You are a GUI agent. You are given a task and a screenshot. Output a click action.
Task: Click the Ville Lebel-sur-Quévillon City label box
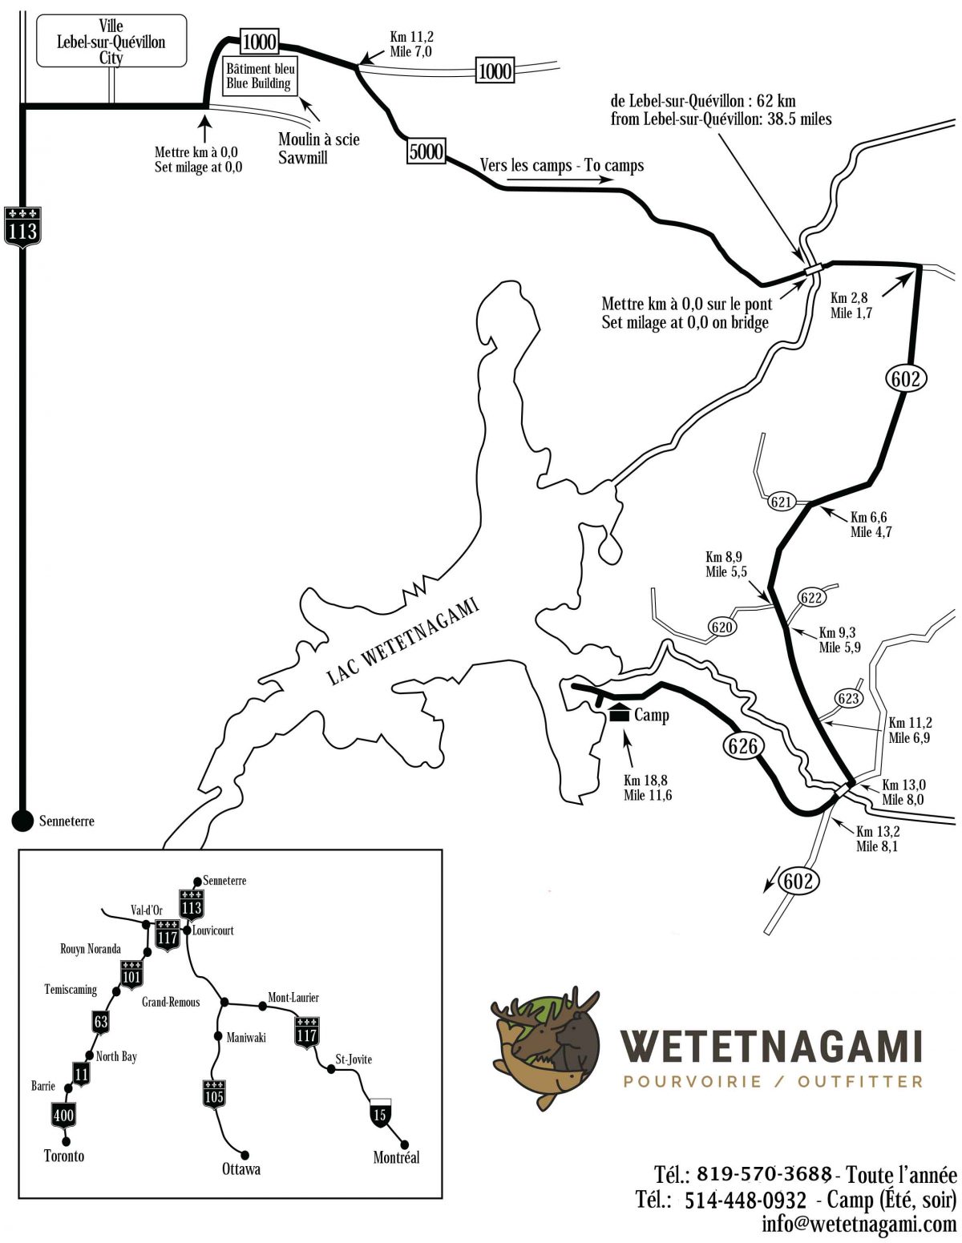[111, 41]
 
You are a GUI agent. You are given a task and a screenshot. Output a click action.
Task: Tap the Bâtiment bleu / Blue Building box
[258, 76]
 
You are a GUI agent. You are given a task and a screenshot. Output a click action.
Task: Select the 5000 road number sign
[426, 151]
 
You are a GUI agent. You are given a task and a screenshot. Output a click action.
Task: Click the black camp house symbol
[619, 712]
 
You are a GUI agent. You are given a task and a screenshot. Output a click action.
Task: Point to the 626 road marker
[742, 746]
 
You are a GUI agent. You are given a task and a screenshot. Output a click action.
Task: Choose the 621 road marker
[781, 502]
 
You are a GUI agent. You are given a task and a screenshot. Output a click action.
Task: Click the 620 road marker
[721, 627]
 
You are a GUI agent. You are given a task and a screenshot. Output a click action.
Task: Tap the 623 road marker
[848, 698]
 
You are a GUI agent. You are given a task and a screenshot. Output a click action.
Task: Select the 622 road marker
[811, 598]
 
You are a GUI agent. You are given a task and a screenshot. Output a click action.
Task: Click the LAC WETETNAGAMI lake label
[402, 641]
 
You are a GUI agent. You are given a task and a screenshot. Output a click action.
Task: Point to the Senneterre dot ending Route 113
[22, 820]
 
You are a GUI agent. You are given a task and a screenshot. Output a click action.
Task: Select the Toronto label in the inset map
[64, 1156]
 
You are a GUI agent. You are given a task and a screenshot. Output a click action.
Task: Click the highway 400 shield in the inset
[63, 1114]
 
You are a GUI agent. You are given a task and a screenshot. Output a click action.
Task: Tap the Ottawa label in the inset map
[241, 1168]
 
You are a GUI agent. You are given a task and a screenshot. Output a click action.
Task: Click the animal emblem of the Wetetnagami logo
[545, 1046]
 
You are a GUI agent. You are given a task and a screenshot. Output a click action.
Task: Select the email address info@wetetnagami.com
[859, 1224]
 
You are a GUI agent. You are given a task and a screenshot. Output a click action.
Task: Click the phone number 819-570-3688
[763, 1174]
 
